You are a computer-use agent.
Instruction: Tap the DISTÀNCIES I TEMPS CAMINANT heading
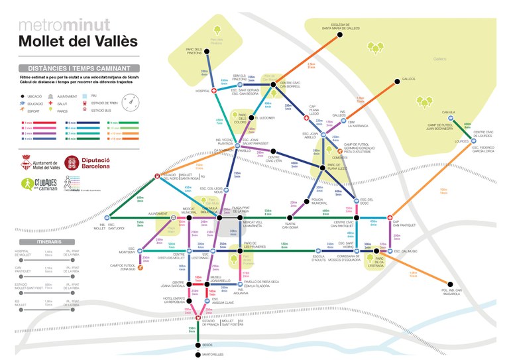point(78,68)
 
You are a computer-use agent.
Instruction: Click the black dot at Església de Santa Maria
point(340,35)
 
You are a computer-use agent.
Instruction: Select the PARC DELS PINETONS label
point(197,56)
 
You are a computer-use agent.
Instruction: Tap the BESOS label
point(207,344)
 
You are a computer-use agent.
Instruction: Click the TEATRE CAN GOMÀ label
point(290,225)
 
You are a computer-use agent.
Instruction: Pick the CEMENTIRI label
point(340,157)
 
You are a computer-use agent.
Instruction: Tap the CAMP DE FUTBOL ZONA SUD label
point(123,267)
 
